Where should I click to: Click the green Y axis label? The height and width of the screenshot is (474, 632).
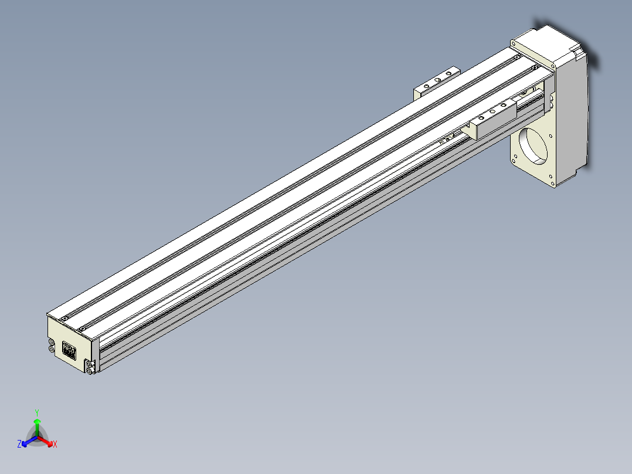pos(37,413)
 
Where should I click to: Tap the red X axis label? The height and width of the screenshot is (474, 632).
pos(55,444)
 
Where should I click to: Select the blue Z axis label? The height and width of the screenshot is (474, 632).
pos(19,444)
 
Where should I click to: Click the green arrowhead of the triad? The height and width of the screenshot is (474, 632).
pos(37,421)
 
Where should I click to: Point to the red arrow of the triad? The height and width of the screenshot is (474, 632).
pos(45,441)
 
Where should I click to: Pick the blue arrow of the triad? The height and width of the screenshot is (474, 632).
pos(29,441)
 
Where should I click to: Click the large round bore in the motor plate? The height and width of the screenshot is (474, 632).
pos(534,145)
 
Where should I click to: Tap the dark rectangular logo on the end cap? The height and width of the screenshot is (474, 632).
pos(69,350)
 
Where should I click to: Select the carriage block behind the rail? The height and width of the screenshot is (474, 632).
pos(436,82)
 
